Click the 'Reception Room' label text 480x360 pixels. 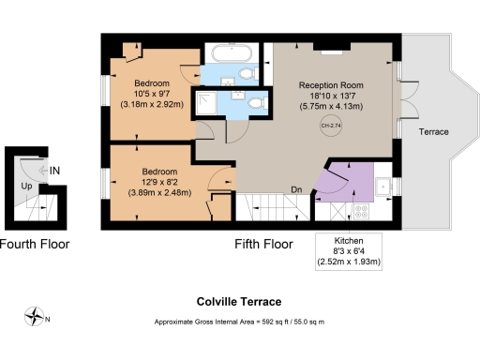(331, 82)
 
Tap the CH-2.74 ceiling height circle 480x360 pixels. (330, 126)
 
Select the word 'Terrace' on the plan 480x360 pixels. (433, 132)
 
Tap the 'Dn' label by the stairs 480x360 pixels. (296, 189)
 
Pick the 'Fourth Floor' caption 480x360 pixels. (34, 244)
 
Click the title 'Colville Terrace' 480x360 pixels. (239, 303)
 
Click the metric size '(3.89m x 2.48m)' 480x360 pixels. (159, 193)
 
